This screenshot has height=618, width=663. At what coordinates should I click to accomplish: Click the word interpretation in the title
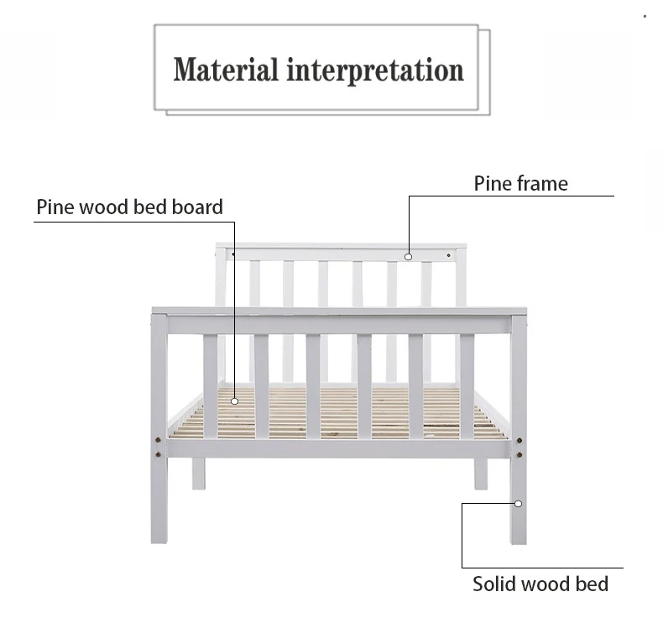pyautogui.click(x=375, y=71)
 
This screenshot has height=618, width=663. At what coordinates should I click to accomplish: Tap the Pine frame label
pyautogui.click(x=520, y=184)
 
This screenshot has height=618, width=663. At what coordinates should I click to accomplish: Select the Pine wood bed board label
pyautogui.click(x=129, y=207)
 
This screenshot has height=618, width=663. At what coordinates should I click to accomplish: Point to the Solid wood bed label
pyautogui.click(x=540, y=584)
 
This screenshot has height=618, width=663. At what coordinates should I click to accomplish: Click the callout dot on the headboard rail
pyautogui.click(x=409, y=257)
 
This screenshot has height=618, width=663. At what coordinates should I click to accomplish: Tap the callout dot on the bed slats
pyautogui.click(x=235, y=401)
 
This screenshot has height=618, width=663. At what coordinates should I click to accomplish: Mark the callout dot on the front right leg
pyautogui.click(x=518, y=504)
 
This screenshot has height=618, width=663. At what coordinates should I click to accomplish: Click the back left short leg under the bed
pyautogui.click(x=198, y=474)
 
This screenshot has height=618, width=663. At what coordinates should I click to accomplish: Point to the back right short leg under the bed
pyautogui.click(x=480, y=474)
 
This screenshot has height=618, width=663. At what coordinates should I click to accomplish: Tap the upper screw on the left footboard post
pyautogui.click(x=158, y=438)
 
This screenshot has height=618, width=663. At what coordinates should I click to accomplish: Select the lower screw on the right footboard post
pyautogui.click(x=519, y=454)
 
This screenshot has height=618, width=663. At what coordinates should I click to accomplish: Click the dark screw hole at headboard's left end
pyautogui.click(x=233, y=254)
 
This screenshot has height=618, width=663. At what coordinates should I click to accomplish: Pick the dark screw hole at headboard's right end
pyautogui.click(x=449, y=254)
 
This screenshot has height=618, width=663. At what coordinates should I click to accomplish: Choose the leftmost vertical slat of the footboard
pyautogui.click(x=210, y=386)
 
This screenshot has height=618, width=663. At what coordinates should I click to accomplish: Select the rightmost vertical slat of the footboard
pyautogui.click(x=467, y=386)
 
